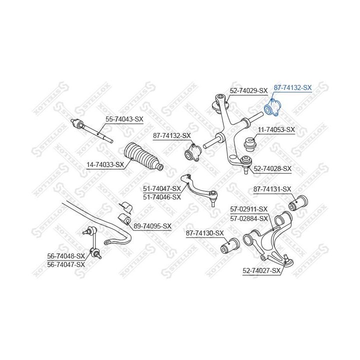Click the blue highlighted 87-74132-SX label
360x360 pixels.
point(292,87)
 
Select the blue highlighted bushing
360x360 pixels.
point(273,107)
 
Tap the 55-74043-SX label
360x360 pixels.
point(124,119)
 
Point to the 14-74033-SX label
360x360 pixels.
point(105,164)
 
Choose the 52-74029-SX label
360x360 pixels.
point(248,90)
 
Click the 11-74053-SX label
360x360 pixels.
point(276,129)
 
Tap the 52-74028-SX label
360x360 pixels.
point(272,169)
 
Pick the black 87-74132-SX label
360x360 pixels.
point(172,135)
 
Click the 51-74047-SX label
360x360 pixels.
point(161,189)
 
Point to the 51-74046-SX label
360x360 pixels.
point(161,197)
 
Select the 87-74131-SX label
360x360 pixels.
point(272,189)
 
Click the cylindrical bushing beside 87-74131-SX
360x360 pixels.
point(299,202)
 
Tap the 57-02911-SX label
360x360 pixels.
point(248,209)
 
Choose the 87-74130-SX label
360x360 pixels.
point(205,233)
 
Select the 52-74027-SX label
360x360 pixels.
point(261,270)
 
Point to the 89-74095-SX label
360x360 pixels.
point(152,226)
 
